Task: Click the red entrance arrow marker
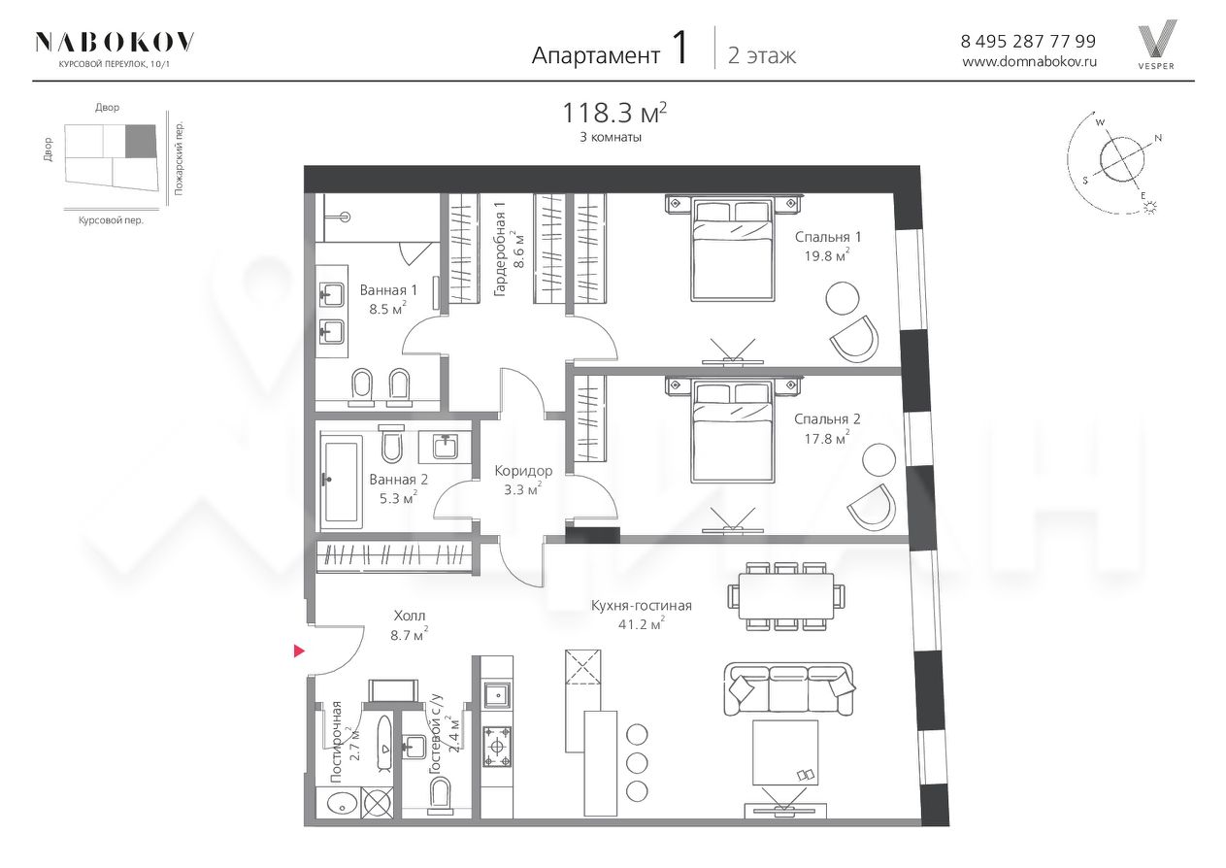coord(299,651)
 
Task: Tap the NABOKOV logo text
coord(115,42)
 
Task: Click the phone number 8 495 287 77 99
coord(1028,42)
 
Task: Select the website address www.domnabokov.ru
coord(1030,62)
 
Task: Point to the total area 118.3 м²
coord(614,113)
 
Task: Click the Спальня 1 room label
coord(828,237)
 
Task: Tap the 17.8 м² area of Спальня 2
coord(826,438)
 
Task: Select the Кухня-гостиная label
coord(641,606)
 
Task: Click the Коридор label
coord(523,471)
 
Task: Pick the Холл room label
coord(409,616)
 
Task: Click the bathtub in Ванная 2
coord(342,483)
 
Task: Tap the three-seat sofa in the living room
coord(788,688)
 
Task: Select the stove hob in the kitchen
coord(497,747)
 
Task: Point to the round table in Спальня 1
coord(843,298)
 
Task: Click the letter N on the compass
coord(1158,139)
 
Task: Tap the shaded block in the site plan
coord(141,141)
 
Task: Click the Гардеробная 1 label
coord(509,250)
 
